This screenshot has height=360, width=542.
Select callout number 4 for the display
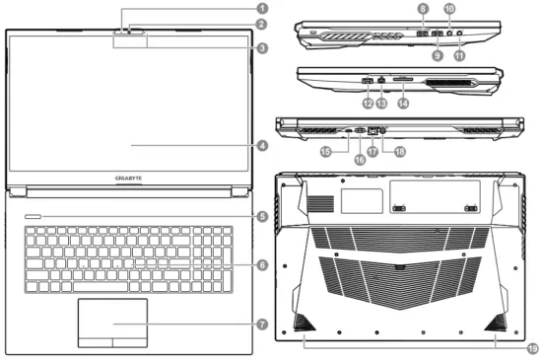pos(261,146)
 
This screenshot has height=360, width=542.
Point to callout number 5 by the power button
pos(261,216)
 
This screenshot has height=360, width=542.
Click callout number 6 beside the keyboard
pos(261,264)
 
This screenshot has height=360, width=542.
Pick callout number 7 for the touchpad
pos(261,324)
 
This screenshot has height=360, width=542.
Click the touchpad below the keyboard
pos(112,323)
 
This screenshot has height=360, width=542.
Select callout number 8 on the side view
pos(423,9)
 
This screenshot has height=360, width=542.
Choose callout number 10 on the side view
pos(448,9)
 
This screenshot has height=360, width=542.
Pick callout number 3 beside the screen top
pos(261,47)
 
